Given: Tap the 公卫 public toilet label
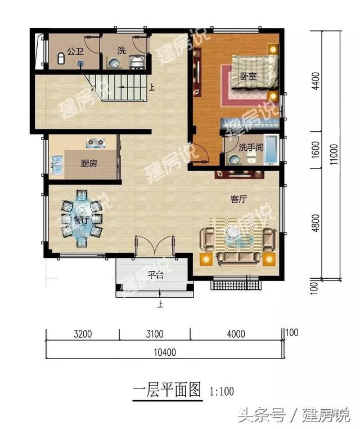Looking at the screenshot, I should pyautogui.click(x=74, y=51).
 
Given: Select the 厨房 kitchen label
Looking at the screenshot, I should pyautogui.click(x=89, y=164).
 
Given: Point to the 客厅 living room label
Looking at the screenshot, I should pyautogui.click(x=239, y=199).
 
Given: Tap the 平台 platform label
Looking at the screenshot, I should pyautogui.click(x=155, y=275).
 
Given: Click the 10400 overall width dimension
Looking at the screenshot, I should pyautogui.click(x=165, y=353).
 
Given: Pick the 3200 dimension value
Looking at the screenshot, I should pyautogui.click(x=83, y=334).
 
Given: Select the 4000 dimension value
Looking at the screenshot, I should pyautogui.click(x=236, y=334).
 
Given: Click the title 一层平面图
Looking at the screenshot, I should pyautogui.click(x=167, y=390).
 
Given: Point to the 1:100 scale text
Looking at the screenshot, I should pyautogui.click(x=222, y=391).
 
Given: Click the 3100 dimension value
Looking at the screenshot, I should pyautogui.click(x=155, y=334).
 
